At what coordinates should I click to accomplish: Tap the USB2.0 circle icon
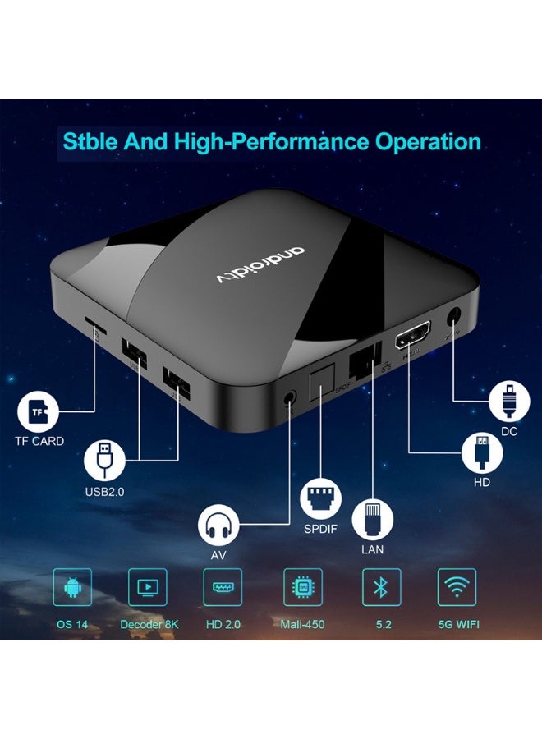(105, 459)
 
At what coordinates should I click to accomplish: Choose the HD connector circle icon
(482, 451)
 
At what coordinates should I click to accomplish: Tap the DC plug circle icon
(508, 402)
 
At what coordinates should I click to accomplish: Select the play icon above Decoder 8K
(148, 588)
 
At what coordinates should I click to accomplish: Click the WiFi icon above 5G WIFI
(457, 588)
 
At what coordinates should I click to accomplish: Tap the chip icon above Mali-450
(303, 588)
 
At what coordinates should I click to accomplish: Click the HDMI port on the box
(410, 339)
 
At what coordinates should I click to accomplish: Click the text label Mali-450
(303, 624)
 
